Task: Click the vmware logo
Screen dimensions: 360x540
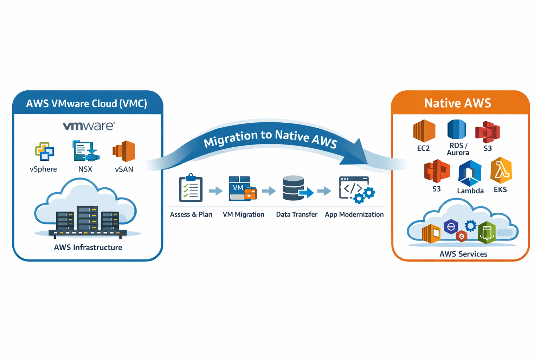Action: coord(89,126)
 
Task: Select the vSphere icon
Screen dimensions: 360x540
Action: coord(45,151)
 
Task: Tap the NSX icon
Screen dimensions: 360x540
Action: coord(85,151)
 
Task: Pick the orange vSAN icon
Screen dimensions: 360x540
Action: coord(124,151)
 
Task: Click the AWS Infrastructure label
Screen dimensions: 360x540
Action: coord(88,247)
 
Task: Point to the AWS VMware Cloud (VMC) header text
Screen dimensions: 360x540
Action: coord(86,104)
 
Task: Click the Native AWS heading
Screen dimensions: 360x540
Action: coord(457,103)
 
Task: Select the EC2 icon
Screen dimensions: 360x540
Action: coord(424,131)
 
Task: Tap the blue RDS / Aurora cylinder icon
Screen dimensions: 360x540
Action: coord(457,129)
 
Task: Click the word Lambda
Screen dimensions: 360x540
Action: coord(470,191)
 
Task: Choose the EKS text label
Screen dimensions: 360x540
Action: coord(500,190)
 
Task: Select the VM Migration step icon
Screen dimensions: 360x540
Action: coord(243,189)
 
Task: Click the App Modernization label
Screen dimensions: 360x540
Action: coord(354,214)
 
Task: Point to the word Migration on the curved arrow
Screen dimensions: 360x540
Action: coord(231,139)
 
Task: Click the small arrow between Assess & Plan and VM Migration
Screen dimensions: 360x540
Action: coord(216,191)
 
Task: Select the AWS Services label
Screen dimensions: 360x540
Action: coord(463,254)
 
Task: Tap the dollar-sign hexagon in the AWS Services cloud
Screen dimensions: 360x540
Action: coord(462,236)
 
